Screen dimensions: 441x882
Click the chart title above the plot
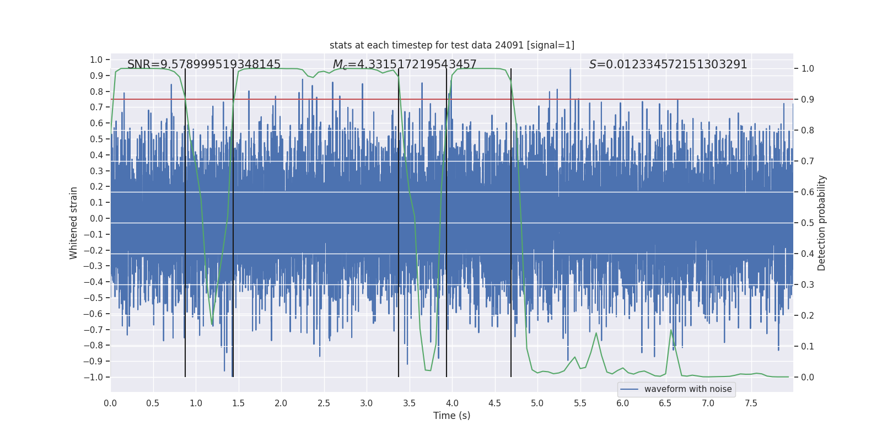[x=451, y=45]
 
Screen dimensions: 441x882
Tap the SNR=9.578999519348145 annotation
[x=204, y=64]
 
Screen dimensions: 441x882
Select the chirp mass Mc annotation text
[x=405, y=64]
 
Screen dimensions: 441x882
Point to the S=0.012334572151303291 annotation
[x=668, y=64]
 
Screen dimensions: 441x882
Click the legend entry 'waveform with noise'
[x=687, y=389]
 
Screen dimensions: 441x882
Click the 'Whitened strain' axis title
[x=74, y=223]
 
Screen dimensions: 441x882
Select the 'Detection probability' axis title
[x=822, y=223]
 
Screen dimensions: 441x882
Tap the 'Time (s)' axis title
[x=451, y=416]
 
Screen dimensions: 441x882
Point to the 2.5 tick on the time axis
[x=324, y=403]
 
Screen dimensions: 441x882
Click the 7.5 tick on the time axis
[x=751, y=403]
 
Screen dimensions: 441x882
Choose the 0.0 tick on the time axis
[x=110, y=403]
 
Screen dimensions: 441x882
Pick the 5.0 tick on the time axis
[x=537, y=403]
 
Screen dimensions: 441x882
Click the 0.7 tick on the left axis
[x=96, y=107]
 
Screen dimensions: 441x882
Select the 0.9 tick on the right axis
[x=808, y=100]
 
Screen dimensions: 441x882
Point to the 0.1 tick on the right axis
[x=808, y=346]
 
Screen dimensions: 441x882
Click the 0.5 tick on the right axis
[x=808, y=223]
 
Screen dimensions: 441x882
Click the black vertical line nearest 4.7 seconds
[x=511, y=220]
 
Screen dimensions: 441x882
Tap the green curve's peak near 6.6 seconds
[x=671, y=330]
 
